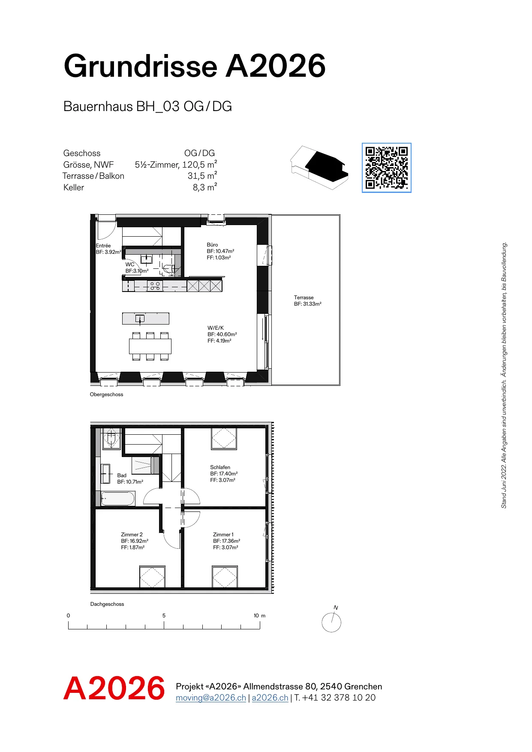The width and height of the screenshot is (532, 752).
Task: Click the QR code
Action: [386, 168]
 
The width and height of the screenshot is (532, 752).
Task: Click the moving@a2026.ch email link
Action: [211, 698]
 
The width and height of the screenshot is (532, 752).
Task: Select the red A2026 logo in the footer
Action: [114, 688]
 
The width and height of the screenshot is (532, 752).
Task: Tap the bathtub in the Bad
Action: [118, 499]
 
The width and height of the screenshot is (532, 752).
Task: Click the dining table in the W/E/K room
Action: [150, 346]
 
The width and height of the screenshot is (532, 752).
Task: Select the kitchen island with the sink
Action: [146, 319]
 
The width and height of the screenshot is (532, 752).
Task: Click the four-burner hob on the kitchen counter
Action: [155, 286]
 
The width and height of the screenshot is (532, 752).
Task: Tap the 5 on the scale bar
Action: [164, 616]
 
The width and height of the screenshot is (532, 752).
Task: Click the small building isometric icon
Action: [319, 167]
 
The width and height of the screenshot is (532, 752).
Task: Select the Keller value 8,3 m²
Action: [205, 187]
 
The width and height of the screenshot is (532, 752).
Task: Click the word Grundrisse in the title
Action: [141, 66]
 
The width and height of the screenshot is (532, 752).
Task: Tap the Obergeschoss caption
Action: [106, 394]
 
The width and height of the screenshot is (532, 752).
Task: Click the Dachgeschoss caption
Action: [107, 604]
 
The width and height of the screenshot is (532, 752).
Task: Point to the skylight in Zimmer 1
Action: [225, 577]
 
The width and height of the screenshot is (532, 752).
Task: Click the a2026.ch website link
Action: [270, 698]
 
